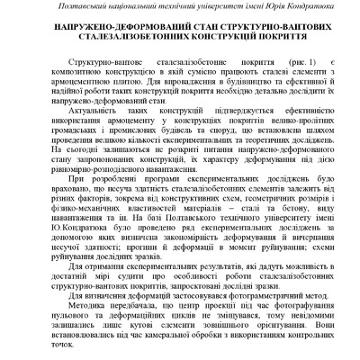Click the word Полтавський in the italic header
point(85,9)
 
